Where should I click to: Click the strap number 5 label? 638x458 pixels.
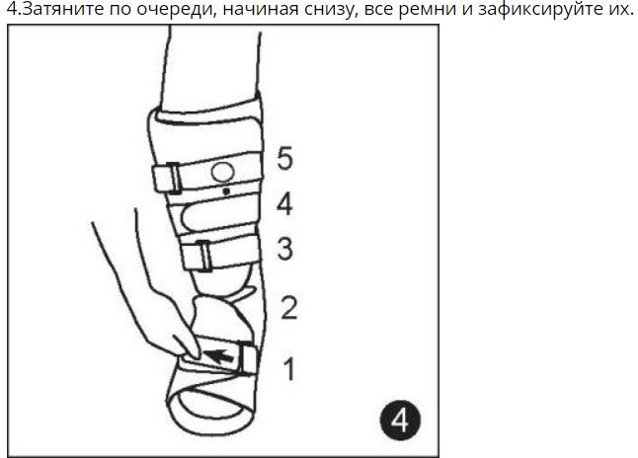(x=284, y=158)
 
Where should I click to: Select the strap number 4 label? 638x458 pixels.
(x=284, y=204)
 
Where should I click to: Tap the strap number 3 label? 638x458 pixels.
(x=284, y=249)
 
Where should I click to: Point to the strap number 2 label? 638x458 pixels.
(x=289, y=308)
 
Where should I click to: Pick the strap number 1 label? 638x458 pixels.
(x=289, y=369)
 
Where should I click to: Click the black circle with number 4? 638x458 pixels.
(x=400, y=420)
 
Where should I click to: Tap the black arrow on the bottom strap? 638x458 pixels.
(x=218, y=356)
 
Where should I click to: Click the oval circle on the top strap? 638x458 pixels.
(x=222, y=173)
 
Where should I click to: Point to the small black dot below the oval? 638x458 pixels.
(x=226, y=191)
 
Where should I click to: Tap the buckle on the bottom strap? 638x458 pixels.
(x=248, y=359)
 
